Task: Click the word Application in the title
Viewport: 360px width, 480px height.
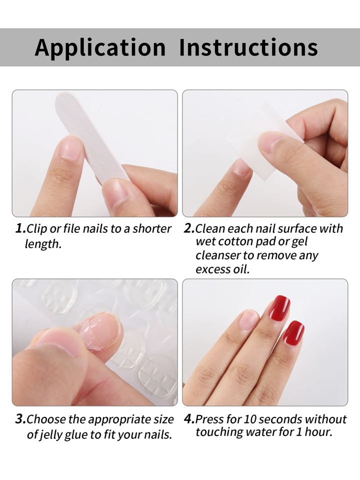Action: pyautogui.click(x=100, y=48)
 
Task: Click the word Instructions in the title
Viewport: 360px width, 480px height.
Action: pyautogui.click(x=248, y=47)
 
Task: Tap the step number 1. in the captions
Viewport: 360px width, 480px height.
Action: pyautogui.click(x=21, y=228)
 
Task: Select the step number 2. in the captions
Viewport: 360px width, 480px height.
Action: pyautogui.click(x=189, y=228)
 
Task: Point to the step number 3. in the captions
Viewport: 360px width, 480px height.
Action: pyautogui.click(x=21, y=419)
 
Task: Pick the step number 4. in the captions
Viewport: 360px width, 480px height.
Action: pyautogui.click(x=189, y=419)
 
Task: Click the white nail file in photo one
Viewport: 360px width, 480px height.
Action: pyautogui.click(x=92, y=138)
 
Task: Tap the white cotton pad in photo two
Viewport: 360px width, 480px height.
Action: pyautogui.click(x=265, y=144)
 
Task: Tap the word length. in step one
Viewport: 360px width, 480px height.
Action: pyautogui.click(x=43, y=244)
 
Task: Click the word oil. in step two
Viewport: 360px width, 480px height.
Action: pyautogui.click(x=241, y=269)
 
